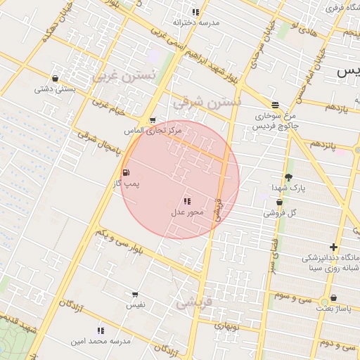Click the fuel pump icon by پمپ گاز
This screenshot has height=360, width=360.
coord(126,172)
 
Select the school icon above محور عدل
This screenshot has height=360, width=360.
coord(187,201)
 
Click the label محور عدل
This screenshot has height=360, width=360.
coord(187,212)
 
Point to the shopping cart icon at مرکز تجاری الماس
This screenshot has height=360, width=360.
coord(153,120)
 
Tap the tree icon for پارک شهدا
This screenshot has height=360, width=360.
coord(288,177)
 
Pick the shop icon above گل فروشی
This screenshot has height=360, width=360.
coord(279,202)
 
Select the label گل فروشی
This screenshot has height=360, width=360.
coord(282,212)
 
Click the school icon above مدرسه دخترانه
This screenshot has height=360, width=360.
coord(195,12)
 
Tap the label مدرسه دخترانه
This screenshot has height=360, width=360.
coord(196,22)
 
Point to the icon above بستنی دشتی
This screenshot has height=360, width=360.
coord(55,79)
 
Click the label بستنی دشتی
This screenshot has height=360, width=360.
coord(56,89)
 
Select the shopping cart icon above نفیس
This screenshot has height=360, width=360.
coord(135,295)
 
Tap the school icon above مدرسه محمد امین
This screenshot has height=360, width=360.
coord(101,330)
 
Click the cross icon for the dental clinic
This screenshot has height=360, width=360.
coord(333,247)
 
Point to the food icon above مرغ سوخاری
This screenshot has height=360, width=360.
coord(275,104)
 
